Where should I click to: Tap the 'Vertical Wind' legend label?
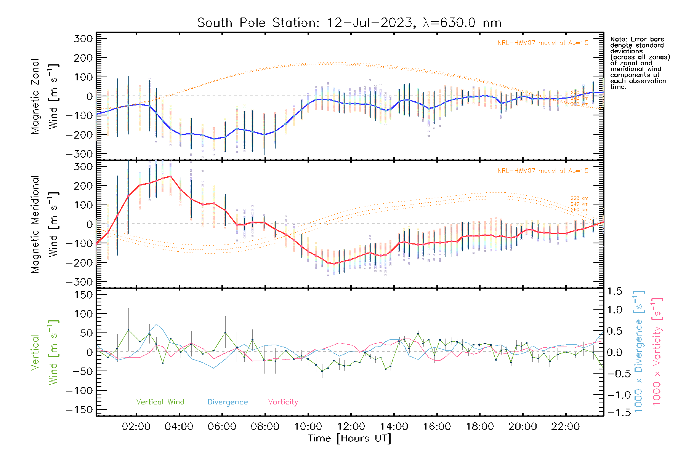point(160,402)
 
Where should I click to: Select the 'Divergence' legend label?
point(228,402)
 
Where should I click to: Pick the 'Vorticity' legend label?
point(283,402)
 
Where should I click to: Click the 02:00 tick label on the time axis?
point(136,427)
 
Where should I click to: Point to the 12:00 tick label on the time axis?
point(351,427)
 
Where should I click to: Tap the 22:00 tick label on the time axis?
point(566,427)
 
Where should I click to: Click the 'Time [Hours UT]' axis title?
point(349,439)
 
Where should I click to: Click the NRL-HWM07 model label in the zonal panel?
point(543,43)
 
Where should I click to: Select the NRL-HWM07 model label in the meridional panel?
point(543,171)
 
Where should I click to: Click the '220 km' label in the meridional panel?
point(579,198)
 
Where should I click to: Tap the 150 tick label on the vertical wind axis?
point(84,295)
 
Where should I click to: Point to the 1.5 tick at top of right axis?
point(614,291)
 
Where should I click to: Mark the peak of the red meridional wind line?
point(170,176)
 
